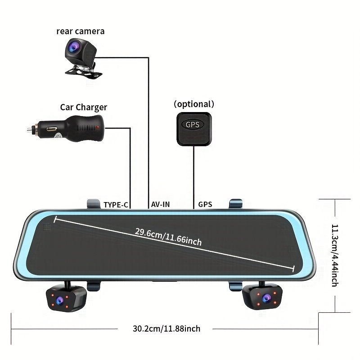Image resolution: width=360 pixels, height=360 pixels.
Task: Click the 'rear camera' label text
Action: [80, 31]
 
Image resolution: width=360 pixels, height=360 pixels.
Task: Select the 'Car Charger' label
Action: [84, 107]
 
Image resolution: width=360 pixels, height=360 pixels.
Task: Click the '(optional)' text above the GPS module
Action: [194, 104]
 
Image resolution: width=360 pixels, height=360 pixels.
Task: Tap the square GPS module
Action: [194, 129]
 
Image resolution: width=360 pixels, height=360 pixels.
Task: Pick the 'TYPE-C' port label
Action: [116, 205]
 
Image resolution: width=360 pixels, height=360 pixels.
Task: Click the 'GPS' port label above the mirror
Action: [205, 205]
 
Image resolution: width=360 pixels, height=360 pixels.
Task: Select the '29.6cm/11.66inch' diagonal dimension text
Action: [168, 237]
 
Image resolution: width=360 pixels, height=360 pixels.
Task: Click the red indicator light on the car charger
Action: [98, 128]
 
